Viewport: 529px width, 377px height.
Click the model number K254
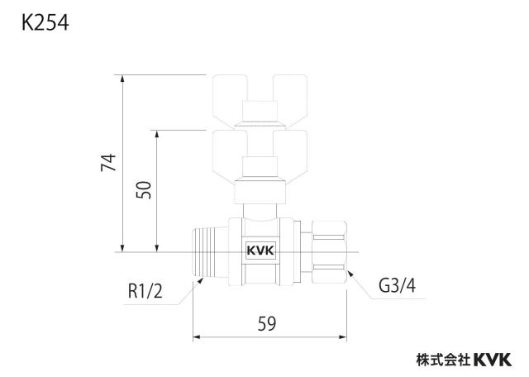(45, 23)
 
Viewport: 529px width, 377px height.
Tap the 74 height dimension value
(108, 162)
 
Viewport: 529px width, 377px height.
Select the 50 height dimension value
(144, 189)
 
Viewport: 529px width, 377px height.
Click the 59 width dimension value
(267, 323)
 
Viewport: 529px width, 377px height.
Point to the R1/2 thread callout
(145, 291)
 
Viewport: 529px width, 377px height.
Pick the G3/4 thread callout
(397, 285)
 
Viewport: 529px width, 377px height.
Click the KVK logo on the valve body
(261, 251)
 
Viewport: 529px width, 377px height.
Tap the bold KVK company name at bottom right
(493, 360)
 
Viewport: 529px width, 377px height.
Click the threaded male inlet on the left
(210, 252)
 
